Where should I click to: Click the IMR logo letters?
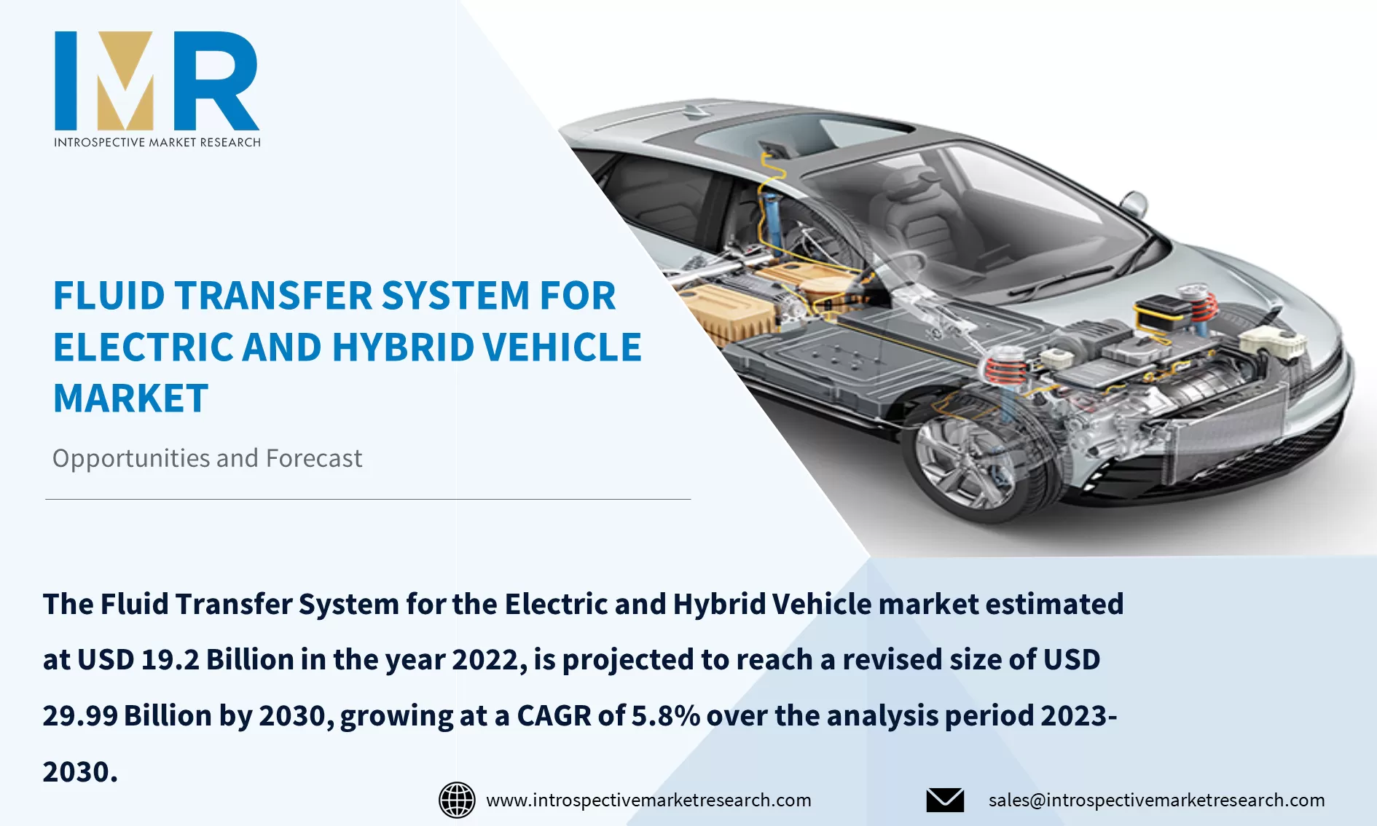(157, 81)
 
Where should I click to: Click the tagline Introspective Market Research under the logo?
(157, 142)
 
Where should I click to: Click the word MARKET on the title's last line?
(131, 398)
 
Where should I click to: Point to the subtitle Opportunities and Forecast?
(207, 458)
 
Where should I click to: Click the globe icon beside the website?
(457, 800)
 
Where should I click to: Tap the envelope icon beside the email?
(945, 800)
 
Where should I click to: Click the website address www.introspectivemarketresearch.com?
(648, 800)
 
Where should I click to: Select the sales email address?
(1156, 800)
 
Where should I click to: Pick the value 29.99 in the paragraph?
(80, 716)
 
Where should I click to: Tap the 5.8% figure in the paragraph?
(665, 716)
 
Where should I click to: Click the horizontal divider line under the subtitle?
(368, 499)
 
